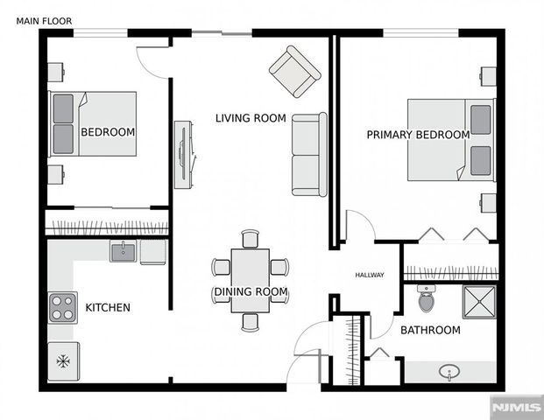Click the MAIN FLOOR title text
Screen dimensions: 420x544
[44, 19]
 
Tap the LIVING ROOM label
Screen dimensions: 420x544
[251, 118]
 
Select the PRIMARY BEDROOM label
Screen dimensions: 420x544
[417, 135]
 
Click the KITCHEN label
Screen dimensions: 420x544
[108, 308]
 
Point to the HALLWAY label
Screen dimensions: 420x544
[369, 276]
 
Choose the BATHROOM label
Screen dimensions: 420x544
[430, 330]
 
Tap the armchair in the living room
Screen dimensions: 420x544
[294, 72]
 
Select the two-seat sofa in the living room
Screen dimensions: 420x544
[309, 155]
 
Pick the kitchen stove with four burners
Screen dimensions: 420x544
[63, 308]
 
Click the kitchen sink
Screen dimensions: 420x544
[124, 252]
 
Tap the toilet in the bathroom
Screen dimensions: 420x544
[427, 298]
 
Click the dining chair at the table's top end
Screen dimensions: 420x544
[251, 238]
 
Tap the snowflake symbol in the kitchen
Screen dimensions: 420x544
[63, 360]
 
